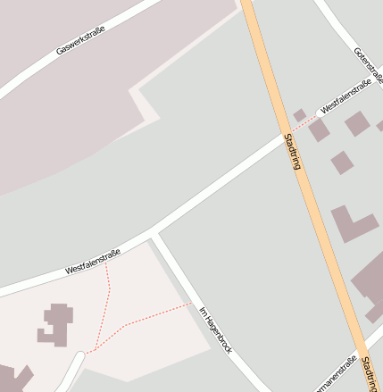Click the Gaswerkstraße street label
pos(80,41)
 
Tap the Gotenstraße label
pos(368,66)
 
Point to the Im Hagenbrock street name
pos(215,329)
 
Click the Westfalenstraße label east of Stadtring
pos(346,96)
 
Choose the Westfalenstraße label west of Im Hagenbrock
pos(92,263)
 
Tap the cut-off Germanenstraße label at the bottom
pos(337,375)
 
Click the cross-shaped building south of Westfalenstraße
pos(56,325)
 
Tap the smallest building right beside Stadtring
pos(300,115)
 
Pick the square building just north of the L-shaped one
pos(341,163)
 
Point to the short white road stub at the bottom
pos(72,371)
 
